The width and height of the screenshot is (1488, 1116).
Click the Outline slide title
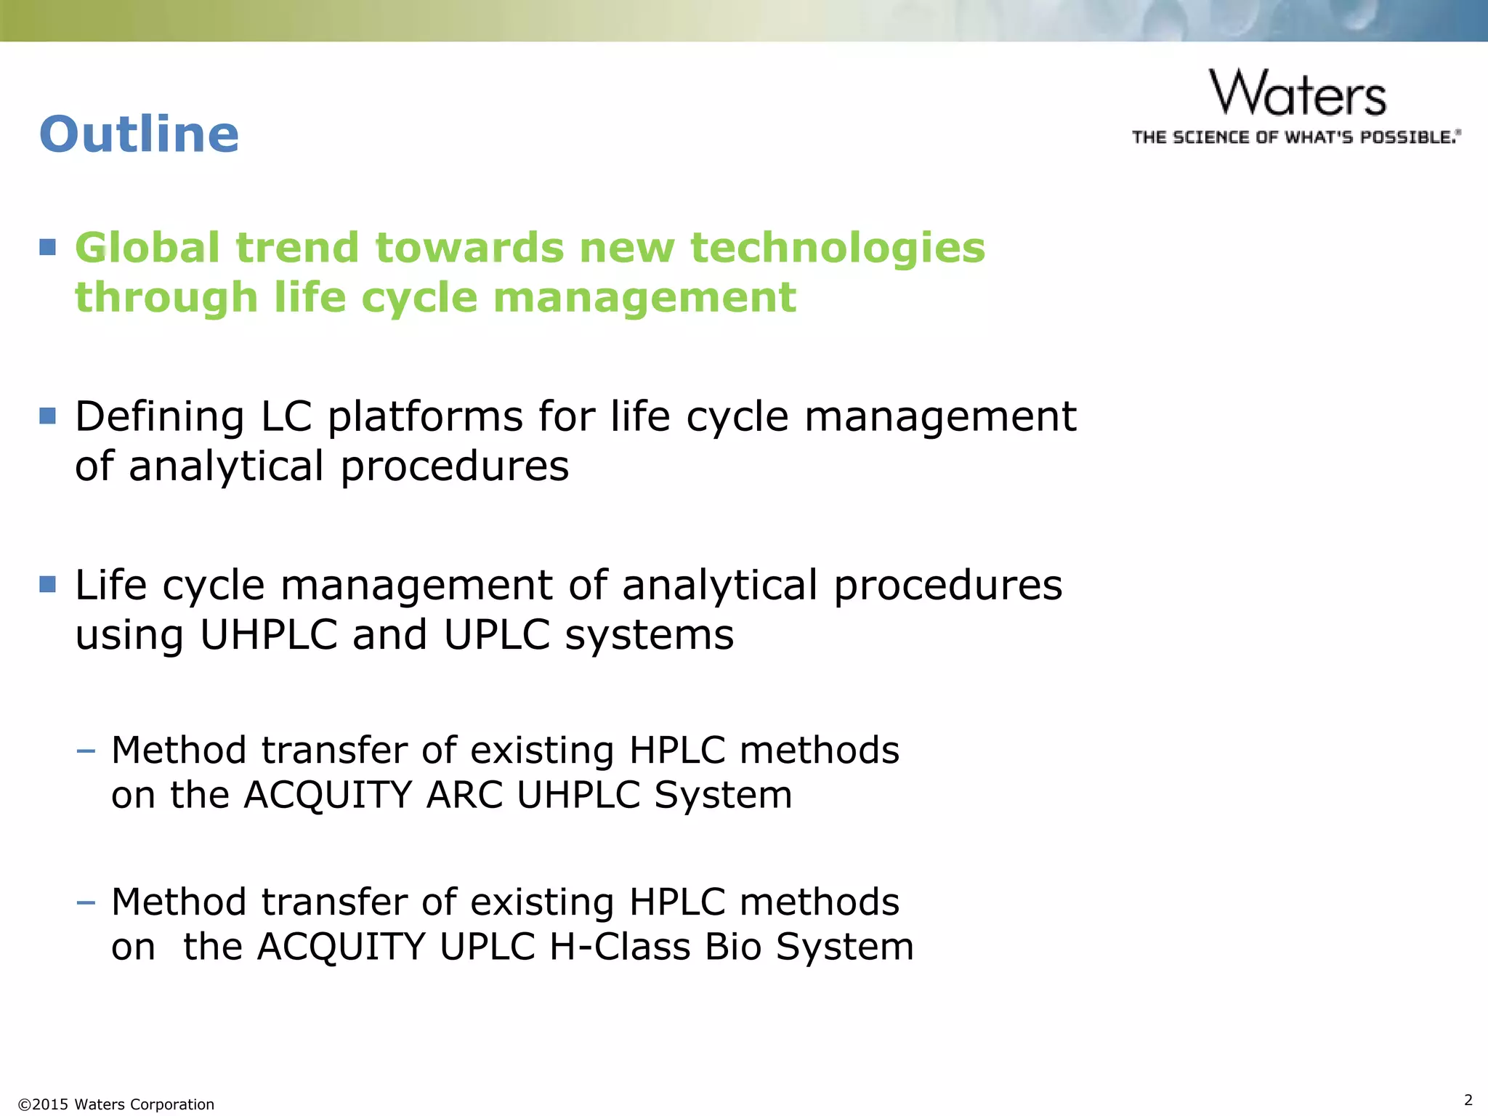point(139,135)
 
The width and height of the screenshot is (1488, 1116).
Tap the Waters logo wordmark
point(1298,94)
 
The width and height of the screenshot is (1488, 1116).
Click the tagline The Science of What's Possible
point(1296,137)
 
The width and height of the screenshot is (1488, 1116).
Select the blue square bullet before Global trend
point(48,247)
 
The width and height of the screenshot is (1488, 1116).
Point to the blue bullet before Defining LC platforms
point(48,416)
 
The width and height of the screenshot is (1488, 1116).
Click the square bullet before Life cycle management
point(48,584)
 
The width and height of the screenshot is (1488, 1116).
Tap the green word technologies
point(837,248)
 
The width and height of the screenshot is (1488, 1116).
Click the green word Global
point(147,248)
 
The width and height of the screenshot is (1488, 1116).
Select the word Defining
point(160,417)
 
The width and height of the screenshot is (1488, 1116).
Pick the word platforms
point(424,417)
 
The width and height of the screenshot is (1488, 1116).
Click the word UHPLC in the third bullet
point(269,634)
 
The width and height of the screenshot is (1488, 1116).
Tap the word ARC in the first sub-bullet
point(465,794)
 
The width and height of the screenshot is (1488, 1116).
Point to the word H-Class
point(620,947)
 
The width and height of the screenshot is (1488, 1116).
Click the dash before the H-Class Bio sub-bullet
point(86,902)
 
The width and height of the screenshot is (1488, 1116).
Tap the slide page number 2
point(1468,1099)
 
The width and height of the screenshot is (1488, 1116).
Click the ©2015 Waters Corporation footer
point(116,1104)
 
